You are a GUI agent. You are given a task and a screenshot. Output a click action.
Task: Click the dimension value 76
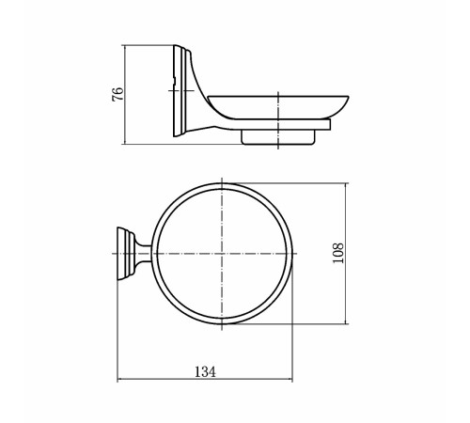click(117, 94)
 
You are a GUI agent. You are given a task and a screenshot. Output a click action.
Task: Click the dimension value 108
click(338, 253)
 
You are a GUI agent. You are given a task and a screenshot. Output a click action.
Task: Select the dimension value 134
click(205, 372)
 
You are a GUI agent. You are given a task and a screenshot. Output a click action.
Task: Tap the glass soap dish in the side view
click(278, 106)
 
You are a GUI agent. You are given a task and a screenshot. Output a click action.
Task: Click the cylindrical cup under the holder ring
click(277, 137)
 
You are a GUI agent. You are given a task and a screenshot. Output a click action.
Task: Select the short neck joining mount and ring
click(144, 253)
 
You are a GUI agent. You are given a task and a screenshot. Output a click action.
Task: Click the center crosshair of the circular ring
click(222, 253)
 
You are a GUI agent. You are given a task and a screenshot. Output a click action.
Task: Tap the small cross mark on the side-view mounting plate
click(181, 91)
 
